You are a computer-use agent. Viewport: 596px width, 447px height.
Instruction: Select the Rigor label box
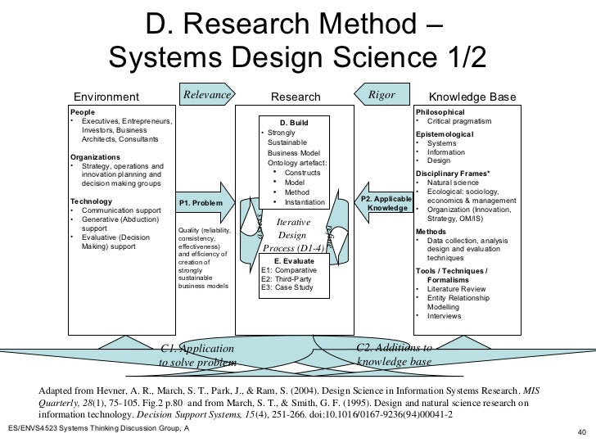point(381,96)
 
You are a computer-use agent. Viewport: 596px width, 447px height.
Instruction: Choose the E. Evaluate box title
point(295,260)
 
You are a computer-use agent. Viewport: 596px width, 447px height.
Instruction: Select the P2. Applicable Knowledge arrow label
point(386,204)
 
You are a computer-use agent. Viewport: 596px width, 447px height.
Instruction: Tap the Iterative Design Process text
point(291,234)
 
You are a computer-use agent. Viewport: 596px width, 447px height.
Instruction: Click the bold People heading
point(82,112)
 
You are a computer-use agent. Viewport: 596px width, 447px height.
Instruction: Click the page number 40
point(582,433)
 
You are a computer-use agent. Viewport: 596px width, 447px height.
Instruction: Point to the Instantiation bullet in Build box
point(304,202)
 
